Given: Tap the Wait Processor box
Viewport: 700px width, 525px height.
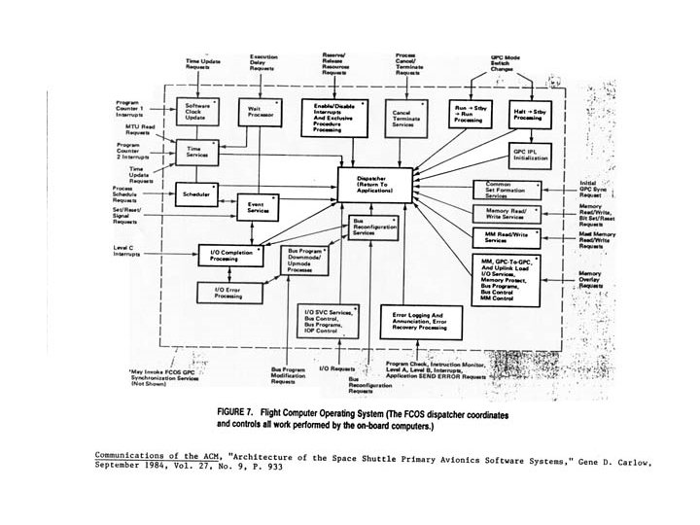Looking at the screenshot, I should tap(260, 114).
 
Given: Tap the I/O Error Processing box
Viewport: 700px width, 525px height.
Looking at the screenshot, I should tap(228, 293).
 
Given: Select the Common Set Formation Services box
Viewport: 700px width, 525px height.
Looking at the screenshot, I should tap(506, 189).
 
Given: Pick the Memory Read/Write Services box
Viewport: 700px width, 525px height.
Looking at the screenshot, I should tap(506, 213).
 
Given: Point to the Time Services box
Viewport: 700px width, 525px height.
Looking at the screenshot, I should tap(203, 154).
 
